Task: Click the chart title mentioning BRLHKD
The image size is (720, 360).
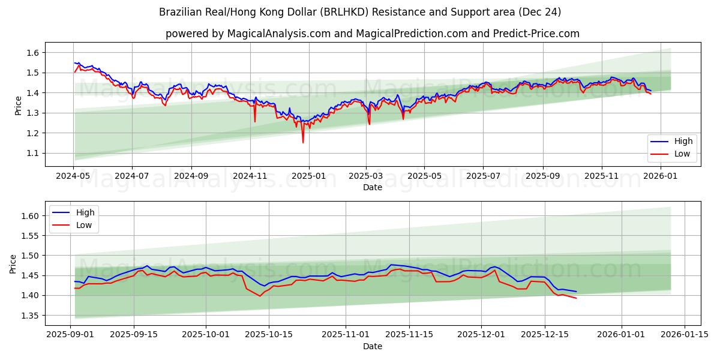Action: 360,12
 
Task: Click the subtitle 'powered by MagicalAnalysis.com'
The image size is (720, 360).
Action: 372,34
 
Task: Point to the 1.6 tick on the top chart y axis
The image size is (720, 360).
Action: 33,53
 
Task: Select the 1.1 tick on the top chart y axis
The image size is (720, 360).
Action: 33,153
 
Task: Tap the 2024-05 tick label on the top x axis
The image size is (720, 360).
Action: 74,176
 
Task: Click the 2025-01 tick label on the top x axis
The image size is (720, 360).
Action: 308,176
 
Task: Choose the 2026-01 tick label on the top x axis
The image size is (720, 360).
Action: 660,176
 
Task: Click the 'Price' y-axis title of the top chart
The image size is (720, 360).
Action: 18,105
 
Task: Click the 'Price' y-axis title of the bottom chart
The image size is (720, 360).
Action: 13,264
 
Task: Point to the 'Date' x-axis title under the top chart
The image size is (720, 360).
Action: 372,187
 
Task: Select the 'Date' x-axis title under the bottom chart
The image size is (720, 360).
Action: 372,346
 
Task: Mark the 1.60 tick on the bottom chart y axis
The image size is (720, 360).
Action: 30,216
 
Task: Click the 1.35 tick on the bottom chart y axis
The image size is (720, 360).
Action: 30,316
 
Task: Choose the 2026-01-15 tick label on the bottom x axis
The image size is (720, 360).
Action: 685,335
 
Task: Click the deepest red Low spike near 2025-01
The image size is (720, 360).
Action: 303,142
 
